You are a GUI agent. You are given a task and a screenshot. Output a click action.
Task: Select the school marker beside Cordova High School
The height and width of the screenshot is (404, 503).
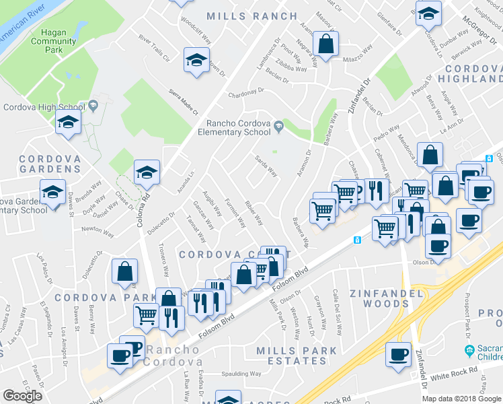(x=68, y=123)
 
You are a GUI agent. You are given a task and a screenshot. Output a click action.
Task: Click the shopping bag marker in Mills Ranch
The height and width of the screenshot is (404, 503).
(x=325, y=45)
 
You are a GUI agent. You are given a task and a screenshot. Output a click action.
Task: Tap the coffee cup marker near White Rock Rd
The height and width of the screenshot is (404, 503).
(x=397, y=353)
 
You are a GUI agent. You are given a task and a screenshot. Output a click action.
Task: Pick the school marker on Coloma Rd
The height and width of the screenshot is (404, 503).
(x=146, y=173)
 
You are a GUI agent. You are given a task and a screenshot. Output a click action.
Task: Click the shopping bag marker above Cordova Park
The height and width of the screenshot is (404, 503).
(x=124, y=272)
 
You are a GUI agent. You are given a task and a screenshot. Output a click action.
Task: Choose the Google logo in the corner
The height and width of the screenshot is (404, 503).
(x=22, y=396)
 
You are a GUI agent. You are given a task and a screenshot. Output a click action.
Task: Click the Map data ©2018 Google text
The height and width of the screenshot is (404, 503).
(x=461, y=399)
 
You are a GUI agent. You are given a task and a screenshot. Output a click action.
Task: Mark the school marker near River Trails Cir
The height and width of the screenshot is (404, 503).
(x=196, y=61)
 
